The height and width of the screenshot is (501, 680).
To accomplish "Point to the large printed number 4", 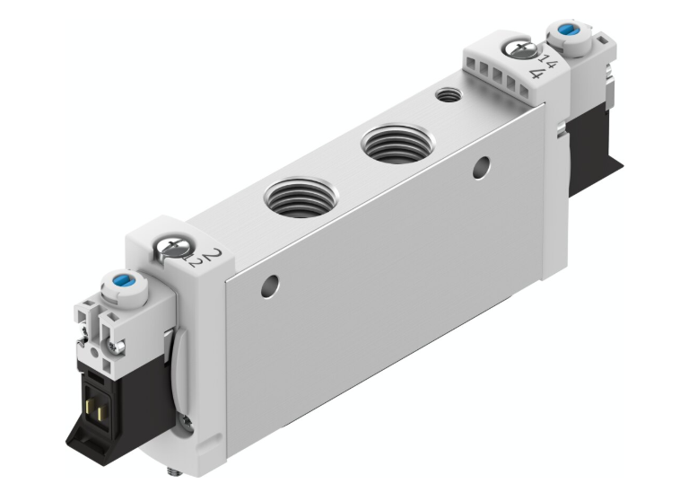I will (x=536, y=72).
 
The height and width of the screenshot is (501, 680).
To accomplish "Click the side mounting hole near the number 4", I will (x=484, y=165).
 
